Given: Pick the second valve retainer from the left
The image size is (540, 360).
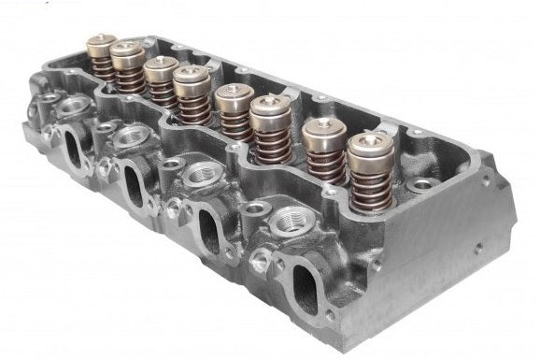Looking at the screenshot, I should coord(127,55).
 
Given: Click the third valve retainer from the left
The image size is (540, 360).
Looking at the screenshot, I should coord(162,68).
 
